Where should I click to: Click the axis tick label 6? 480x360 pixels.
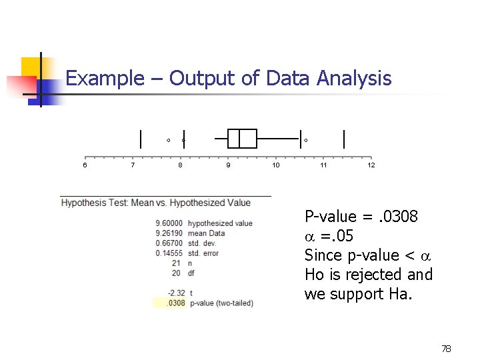coord(85,165)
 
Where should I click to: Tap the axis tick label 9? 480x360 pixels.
coord(228,165)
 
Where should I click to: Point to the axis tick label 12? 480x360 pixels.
coord(371,165)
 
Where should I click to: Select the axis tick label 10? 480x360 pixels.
coord(276,165)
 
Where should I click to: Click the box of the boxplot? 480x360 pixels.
coord(242,139)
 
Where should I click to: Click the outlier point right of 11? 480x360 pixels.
coord(306,140)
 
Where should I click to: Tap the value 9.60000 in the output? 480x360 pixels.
coord(170,223)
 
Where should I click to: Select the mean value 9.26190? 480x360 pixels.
coord(170,233)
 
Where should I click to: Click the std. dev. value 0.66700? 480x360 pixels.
coord(170,243)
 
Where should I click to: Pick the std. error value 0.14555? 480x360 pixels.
coord(170,253)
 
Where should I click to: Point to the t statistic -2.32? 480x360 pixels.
coord(177,293)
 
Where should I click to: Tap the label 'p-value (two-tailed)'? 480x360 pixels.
coord(221,303)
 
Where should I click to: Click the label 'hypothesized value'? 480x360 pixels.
coord(220,223)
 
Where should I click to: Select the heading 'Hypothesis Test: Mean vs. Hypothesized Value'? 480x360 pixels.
coord(156,203)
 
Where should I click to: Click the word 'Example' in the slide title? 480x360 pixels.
coord(104,79)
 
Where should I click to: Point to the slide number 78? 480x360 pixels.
coord(445,349)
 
